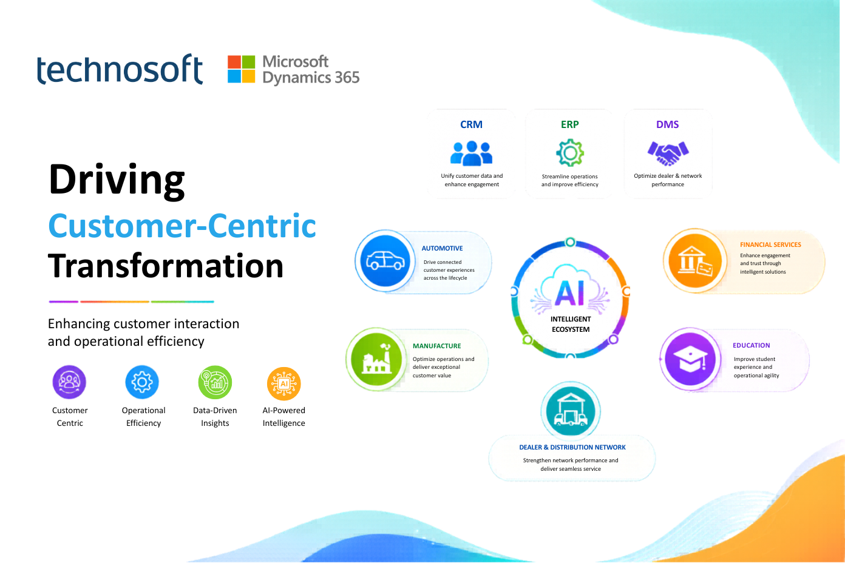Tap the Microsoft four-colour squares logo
coord(241,69)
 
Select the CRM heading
coord(471,124)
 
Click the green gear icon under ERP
coord(570,153)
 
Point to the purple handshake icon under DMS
coord(668,153)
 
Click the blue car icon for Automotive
coord(385,260)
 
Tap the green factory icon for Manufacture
coord(376,359)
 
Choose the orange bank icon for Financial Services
coord(695,261)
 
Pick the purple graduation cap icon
coord(690,359)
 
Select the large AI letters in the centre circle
coord(569,293)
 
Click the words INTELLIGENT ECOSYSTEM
coord(571,324)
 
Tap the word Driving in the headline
coord(117,181)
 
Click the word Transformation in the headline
coord(166,266)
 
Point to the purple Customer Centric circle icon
coord(69,382)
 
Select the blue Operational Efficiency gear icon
coord(142,382)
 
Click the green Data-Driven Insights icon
coord(215,382)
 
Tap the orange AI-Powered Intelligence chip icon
coord(284,383)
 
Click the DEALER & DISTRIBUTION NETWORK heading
coord(572,447)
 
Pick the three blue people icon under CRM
coord(471,153)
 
